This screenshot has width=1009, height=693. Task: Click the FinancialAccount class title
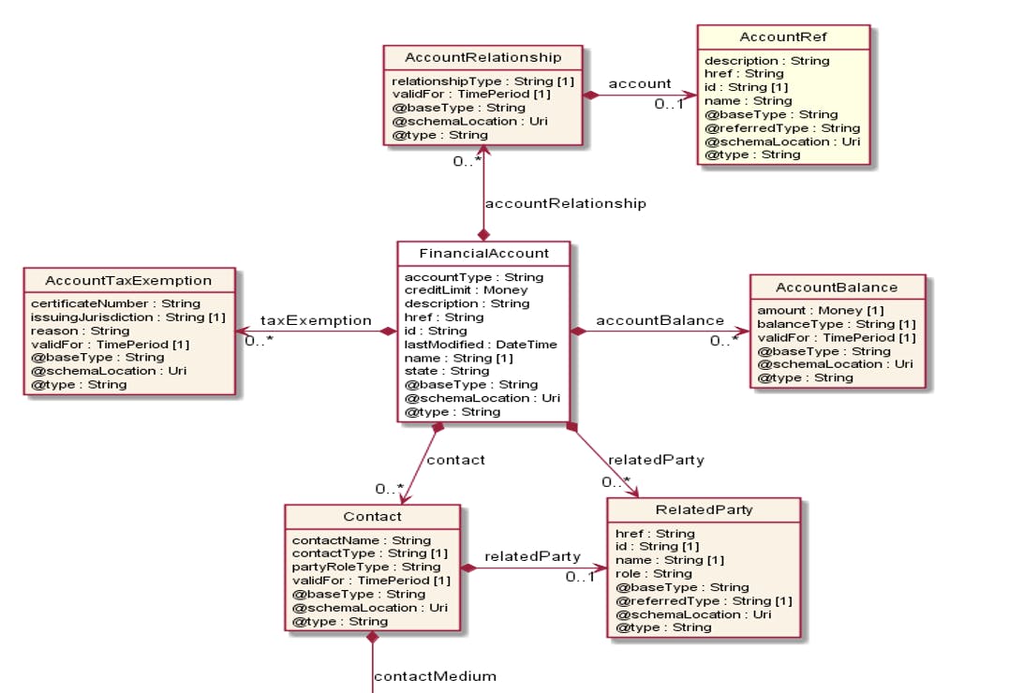click(483, 254)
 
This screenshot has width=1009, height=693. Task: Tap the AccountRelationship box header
click(483, 58)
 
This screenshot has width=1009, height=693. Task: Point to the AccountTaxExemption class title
click(129, 280)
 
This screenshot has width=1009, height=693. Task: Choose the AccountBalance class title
click(837, 288)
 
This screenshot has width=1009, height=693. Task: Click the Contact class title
click(372, 517)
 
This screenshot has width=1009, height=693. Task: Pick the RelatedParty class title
click(704, 510)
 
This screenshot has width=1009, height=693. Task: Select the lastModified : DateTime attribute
click(481, 344)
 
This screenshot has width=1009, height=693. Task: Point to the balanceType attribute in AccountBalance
click(824, 324)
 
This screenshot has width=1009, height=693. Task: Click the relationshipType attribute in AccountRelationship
click(482, 81)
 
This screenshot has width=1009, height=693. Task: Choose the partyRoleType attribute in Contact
click(366, 567)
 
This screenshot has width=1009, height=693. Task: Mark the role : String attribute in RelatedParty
click(653, 573)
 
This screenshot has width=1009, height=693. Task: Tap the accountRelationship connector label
click(565, 203)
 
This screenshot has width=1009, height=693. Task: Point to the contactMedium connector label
click(435, 676)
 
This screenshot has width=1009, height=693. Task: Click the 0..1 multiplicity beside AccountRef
click(668, 103)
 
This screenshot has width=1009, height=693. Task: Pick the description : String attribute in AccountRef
click(766, 61)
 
